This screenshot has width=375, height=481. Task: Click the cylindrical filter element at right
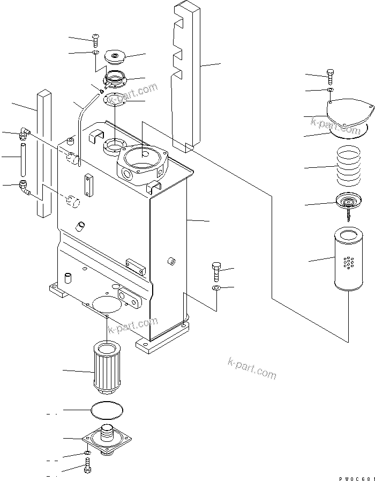348,258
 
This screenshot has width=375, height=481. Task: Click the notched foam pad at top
185,75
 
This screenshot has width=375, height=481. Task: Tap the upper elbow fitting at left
25,132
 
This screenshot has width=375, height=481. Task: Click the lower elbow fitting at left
25,186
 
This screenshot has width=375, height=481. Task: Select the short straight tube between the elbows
24,159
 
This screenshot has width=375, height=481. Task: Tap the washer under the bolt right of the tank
215,289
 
